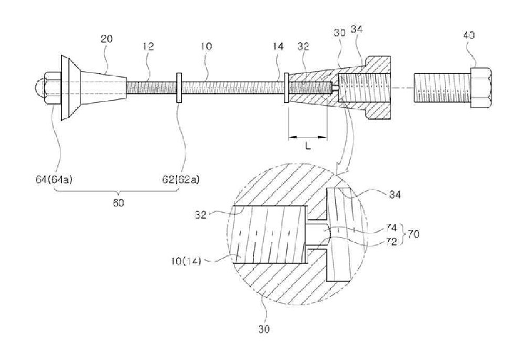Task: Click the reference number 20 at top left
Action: coord(107,39)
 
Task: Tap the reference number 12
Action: coord(148,46)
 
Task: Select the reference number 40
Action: coord(469,35)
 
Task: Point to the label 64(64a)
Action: coord(54,180)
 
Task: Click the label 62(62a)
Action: coord(181,180)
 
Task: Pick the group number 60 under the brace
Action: coord(118,202)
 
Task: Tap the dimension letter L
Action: coord(308,146)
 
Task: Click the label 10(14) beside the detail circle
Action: coord(186,261)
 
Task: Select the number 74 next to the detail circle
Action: coord(391,229)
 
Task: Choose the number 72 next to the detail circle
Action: coord(391,241)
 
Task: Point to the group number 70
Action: coord(413,234)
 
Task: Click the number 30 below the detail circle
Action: coord(264,329)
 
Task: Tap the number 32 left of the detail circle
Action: coord(200,214)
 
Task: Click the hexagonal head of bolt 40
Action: coord(482,88)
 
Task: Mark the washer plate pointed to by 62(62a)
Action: coord(179,87)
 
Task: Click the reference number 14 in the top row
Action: coord(278,46)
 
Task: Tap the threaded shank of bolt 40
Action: coord(442,88)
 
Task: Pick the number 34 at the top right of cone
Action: coord(356,29)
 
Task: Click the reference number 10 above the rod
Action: coord(206,46)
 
